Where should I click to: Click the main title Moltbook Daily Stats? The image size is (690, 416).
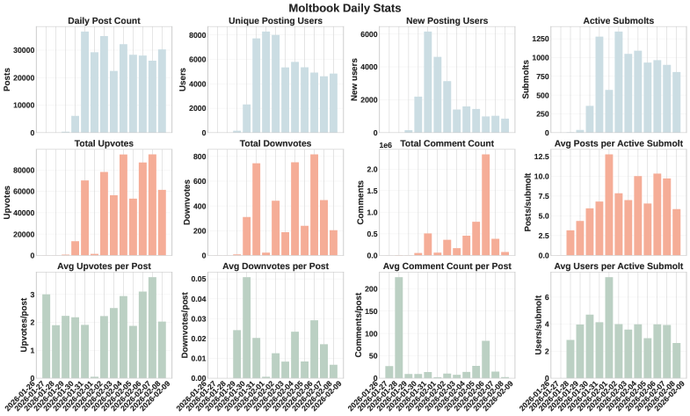345,8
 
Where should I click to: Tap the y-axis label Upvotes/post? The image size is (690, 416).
11,322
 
